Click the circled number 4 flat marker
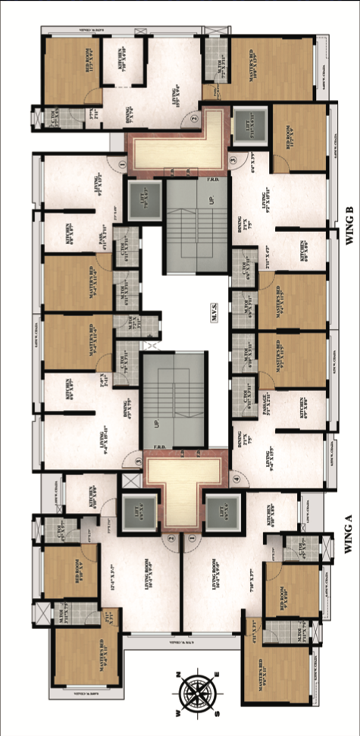pos(236,478)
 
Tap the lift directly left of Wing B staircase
pos(140,199)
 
